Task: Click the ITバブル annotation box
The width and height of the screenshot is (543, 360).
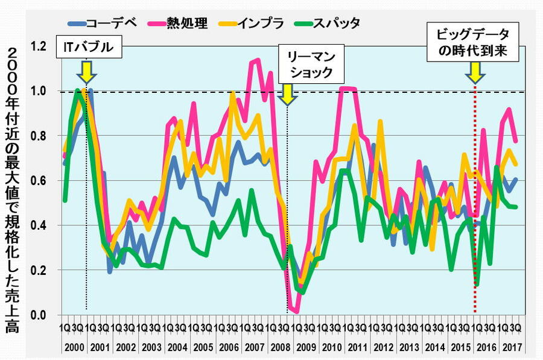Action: (x=89, y=46)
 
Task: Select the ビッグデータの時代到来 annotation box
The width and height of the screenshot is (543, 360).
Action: (x=474, y=42)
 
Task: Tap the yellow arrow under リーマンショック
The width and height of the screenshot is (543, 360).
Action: (x=287, y=93)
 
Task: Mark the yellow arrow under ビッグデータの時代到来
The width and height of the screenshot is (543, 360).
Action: (x=475, y=73)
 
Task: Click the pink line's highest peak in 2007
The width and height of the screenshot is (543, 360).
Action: (x=258, y=60)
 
